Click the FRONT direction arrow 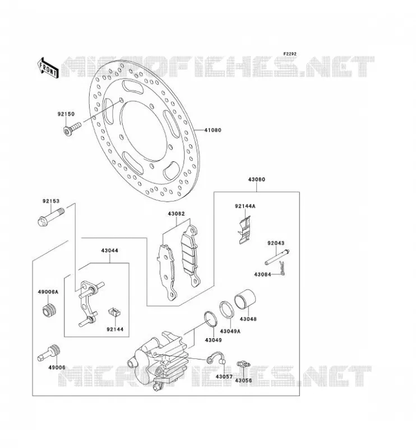pyautogui.click(x=48, y=68)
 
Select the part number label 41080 pyautogui.click(x=212, y=130)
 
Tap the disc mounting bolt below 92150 pyautogui.click(x=72, y=129)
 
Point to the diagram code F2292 pyautogui.click(x=290, y=54)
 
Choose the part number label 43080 pyautogui.click(x=256, y=179)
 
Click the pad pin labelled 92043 pyautogui.click(x=277, y=257)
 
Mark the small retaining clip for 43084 pyautogui.click(x=282, y=269)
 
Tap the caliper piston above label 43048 pyautogui.click(x=245, y=300)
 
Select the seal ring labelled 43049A pyautogui.click(x=228, y=309)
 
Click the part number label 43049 pyautogui.click(x=213, y=340)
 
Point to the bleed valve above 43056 pyautogui.click(x=243, y=365)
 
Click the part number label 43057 pyautogui.click(x=224, y=377)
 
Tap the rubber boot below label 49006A pyautogui.click(x=48, y=310)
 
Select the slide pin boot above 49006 pyautogui.click(x=49, y=353)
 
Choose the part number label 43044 pyautogui.click(x=109, y=250)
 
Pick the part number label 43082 pyautogui.click(x=176, y=214)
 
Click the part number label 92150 pyautogui.click(x=66, y=114)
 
